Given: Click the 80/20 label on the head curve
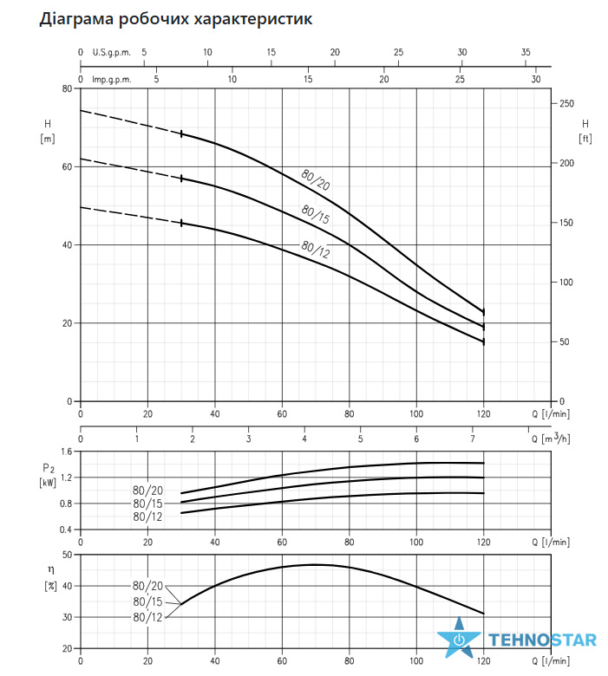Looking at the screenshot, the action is pos(316,179).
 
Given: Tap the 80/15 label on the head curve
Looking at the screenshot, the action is pos(316,214).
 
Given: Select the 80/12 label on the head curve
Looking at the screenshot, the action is pos(316,250).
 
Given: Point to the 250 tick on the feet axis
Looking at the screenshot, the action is pos(566,103).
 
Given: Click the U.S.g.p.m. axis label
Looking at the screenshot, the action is pos(111,53).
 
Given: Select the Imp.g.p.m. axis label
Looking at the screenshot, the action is pos(111,80).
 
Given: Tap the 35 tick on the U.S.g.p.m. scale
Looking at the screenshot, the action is pos(526,52).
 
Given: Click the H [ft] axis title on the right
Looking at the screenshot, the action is pos(585,131).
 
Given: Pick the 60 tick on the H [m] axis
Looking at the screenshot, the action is pos(67,167).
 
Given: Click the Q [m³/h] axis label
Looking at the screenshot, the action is pos(551,439).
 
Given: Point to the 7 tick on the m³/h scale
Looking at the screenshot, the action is pos(473,439).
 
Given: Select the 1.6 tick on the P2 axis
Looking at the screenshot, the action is pos(67,452).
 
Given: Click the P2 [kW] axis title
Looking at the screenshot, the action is pos(48,475).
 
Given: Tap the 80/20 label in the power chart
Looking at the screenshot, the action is pos(147,491).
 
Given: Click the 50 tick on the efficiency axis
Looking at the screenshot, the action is pos(67,555).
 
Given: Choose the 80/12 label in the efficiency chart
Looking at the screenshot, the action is pos(147,617).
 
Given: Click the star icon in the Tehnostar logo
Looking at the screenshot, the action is pos(459,637).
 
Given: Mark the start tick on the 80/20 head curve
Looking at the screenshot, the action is pos(181,133).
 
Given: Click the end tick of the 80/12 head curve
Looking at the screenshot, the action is pos(484,341).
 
